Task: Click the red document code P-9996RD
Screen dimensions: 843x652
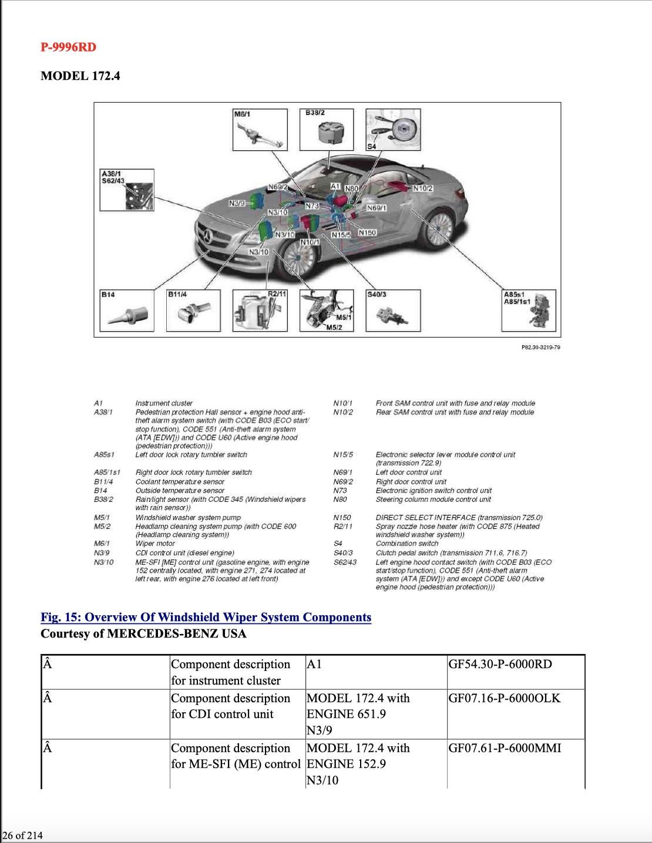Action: (68, 47)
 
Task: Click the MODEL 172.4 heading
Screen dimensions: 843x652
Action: (80, 76)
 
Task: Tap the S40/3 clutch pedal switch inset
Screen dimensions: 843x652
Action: (393, 312)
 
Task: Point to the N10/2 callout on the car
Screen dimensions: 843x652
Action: (422, 188)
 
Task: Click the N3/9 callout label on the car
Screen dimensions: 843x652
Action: (237, 203)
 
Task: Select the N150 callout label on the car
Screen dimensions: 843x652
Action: (367, 232)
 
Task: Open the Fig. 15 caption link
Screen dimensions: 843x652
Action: (206, 617)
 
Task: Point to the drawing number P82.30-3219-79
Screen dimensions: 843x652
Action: (540, 347)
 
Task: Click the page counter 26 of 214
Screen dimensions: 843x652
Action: (22, 835)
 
